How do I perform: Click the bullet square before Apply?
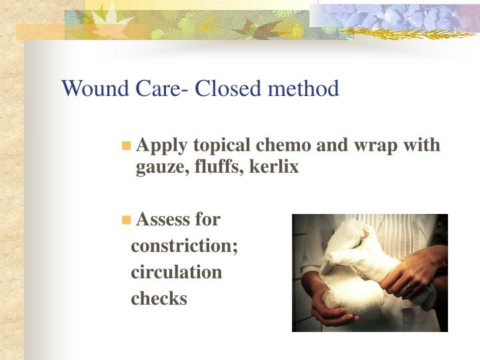pos(126,146)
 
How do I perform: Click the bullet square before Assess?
pos(126,219)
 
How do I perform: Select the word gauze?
pos(158,167)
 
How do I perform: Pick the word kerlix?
pos(273,167)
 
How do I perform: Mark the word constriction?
pos(185,246)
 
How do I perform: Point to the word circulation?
pos(177,272)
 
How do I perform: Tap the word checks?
pos(159,299)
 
